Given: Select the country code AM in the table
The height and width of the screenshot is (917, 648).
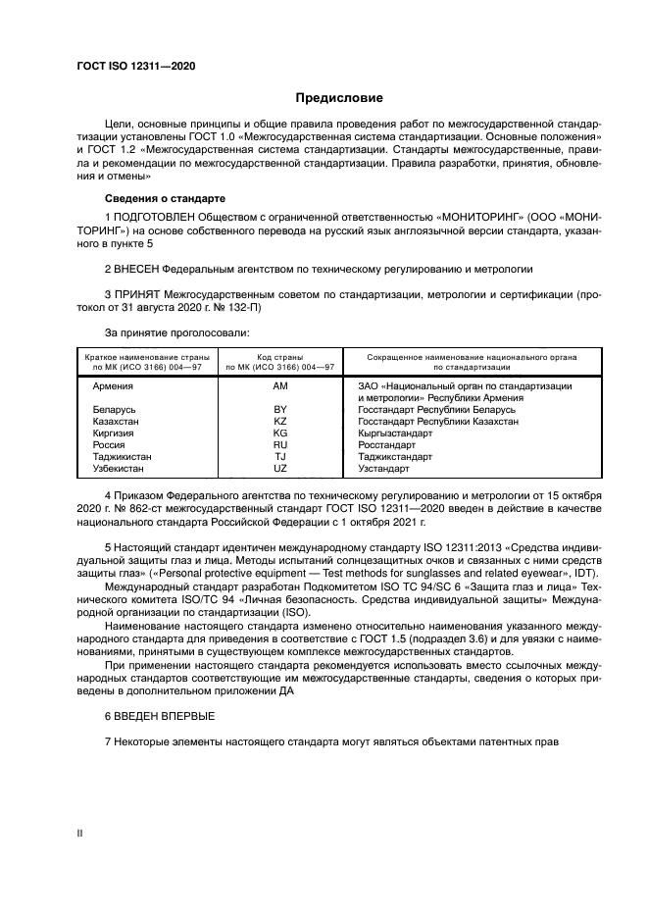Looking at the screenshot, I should point(280,386).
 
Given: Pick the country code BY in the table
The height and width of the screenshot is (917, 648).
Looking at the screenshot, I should point(280,409).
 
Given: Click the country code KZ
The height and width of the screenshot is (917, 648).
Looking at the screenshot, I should point(280,421).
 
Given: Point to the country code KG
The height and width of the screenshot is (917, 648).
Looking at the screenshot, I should point(280,433).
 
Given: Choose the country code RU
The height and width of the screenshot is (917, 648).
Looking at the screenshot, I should point(280,444).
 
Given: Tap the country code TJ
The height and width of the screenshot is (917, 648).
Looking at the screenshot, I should point(280,456).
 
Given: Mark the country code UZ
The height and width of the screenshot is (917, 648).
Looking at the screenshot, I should point(280,468).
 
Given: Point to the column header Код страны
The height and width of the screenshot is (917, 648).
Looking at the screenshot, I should point(280,357).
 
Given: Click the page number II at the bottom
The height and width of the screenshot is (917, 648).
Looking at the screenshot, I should point(80,833).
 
